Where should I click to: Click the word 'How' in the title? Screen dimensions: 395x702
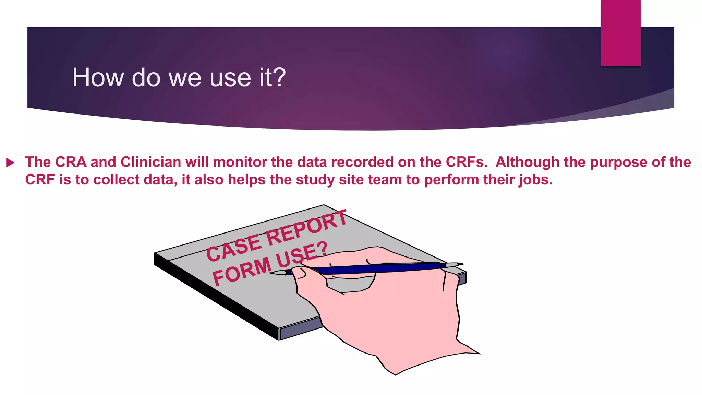98,78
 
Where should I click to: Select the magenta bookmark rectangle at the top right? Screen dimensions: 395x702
620,33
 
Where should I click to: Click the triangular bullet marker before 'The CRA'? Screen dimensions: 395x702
10,163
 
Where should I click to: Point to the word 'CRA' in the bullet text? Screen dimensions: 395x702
71,162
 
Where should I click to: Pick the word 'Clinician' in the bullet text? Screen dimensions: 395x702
151,162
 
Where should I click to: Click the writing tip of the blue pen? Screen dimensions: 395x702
273,273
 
